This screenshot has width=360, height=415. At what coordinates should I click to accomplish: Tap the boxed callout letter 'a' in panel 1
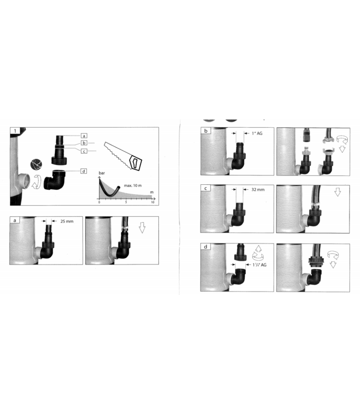(84, 135)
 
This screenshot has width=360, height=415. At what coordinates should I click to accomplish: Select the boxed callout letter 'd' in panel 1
(84, 171)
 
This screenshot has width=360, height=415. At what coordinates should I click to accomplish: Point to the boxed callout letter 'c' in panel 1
(84, 151)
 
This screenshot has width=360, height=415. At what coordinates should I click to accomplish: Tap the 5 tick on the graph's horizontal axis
(126, 203)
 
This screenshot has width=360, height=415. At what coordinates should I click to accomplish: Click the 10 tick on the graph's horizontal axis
(152, 203)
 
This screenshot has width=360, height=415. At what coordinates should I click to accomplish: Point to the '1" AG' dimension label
(256, 133)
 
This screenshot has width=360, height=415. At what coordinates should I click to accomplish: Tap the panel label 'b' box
(206, 131)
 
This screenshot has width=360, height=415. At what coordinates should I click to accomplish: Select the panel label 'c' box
(206, 188)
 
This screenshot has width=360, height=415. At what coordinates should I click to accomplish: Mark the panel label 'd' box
(206, 246)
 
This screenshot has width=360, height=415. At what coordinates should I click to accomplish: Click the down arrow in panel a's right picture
(142, 227)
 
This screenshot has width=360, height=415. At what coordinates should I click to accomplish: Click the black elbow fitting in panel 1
(56, 181)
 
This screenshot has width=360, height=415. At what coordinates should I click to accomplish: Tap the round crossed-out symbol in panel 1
(38, 164)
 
